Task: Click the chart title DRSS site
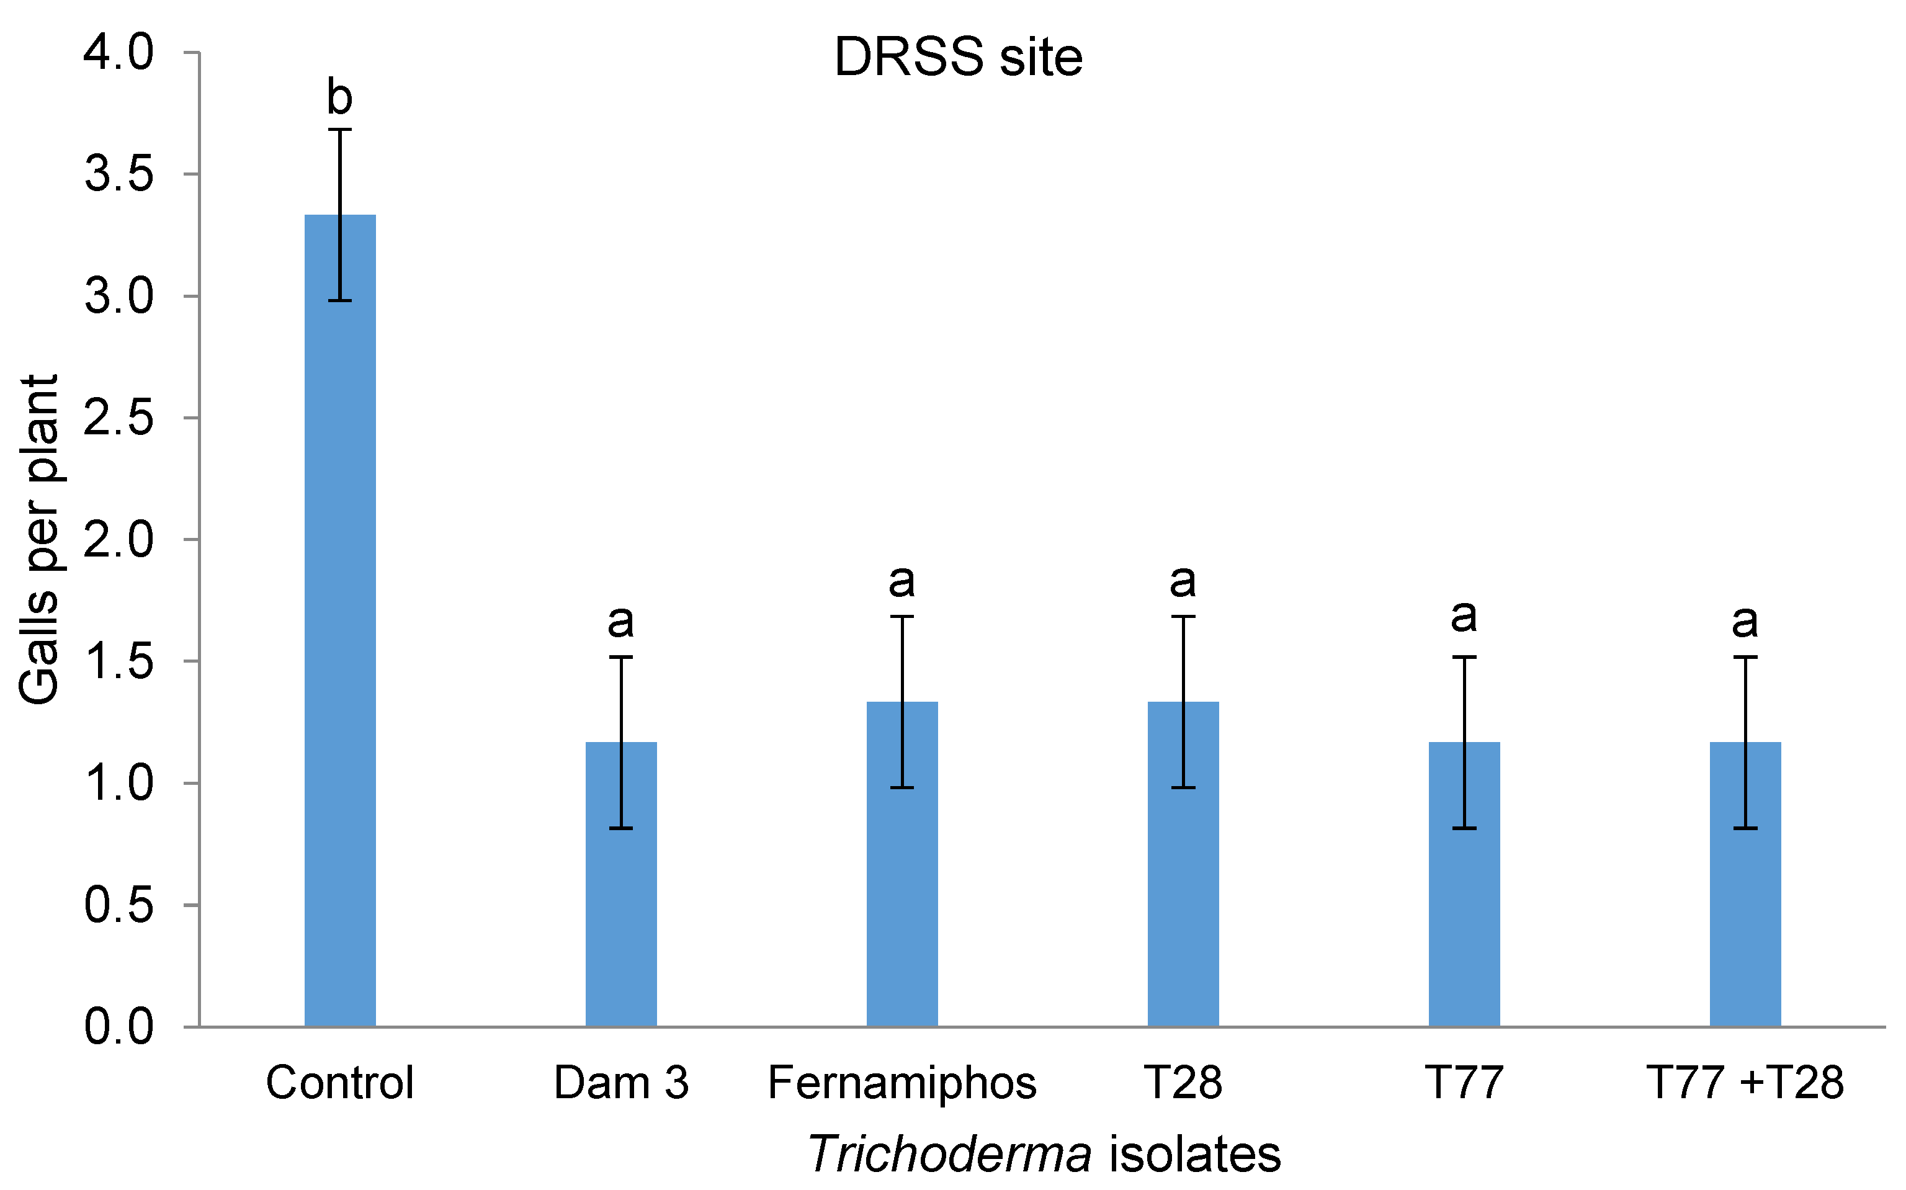pos(958,58)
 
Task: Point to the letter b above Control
pos(339,97)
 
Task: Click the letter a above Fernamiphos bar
pos(902,581)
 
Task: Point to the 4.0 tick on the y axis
pos(118,53)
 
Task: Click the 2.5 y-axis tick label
pos(118,418)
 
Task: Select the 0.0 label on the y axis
pos(118,1027)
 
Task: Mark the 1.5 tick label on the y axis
pos(118,661)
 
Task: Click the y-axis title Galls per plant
pos(39,539)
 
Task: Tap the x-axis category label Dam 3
pos(621,1082)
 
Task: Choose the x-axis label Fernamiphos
pos(902,1082)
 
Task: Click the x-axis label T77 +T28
pos(1745,1082)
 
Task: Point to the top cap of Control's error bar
pos(340,129)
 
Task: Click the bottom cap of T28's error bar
pos(1183,787)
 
